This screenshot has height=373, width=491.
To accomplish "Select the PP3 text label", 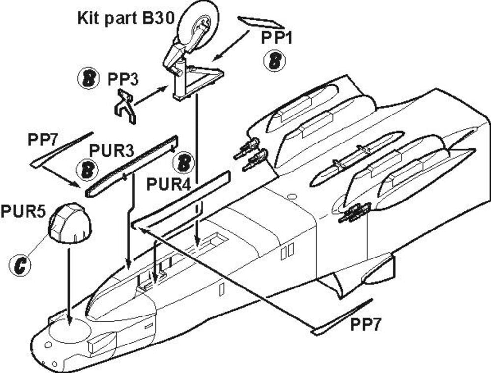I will pos(123,79).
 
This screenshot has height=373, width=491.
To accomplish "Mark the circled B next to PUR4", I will pos(184,162).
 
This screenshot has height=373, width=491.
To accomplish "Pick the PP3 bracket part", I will pos(126,104).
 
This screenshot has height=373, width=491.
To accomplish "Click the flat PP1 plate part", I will pos(260,22).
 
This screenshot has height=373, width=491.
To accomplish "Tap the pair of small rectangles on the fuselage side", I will pos(288,251).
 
